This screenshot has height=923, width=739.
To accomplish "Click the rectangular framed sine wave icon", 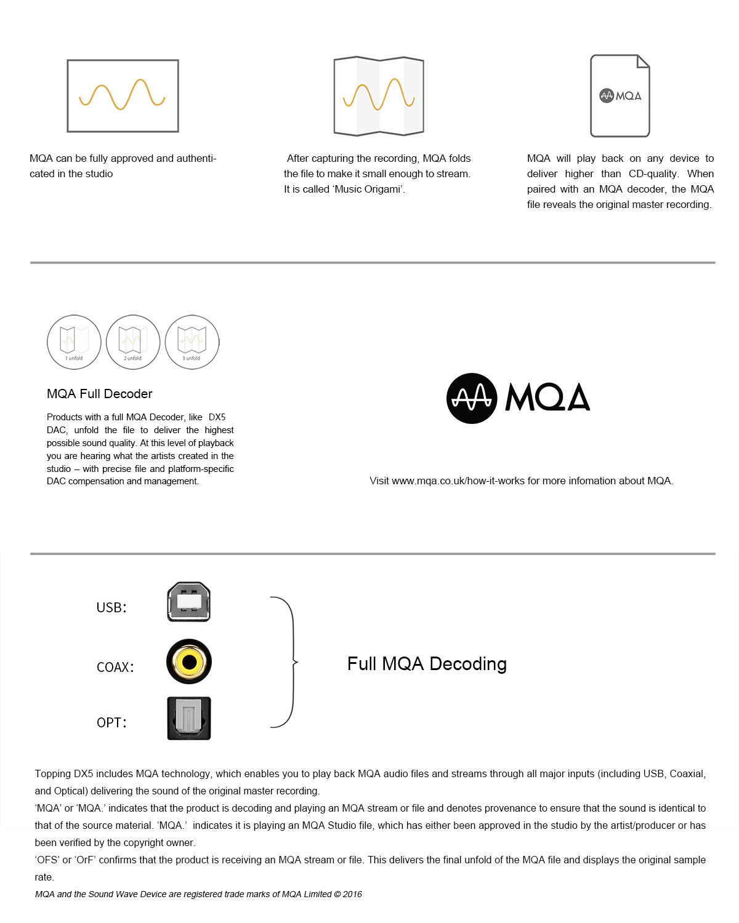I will pos(123,96).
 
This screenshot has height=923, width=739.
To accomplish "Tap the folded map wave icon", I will pos(379,96).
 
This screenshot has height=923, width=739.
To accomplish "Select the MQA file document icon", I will pos(620,96).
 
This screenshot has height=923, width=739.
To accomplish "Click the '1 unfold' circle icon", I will pos(74,342).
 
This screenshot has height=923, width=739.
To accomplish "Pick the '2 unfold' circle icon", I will pos(133,342).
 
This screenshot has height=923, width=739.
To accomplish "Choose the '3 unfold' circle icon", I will pos(192,342).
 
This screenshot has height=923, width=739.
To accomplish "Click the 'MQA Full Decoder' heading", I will pos(100,394).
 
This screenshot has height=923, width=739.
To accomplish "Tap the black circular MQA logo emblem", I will pos(472,398).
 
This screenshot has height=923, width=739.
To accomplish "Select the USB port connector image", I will pos(189,602).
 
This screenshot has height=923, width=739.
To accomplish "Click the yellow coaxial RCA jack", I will pos(189,661).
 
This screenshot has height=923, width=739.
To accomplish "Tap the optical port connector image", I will pos(189,718).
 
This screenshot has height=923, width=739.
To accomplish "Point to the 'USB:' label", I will pos(111,607).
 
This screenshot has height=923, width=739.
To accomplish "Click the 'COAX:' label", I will pos(115,667).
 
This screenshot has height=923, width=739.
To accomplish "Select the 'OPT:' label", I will pos(111,722).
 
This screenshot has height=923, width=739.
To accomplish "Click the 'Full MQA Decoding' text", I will pos(427,664).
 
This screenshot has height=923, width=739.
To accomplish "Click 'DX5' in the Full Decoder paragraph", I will pos(217,417).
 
